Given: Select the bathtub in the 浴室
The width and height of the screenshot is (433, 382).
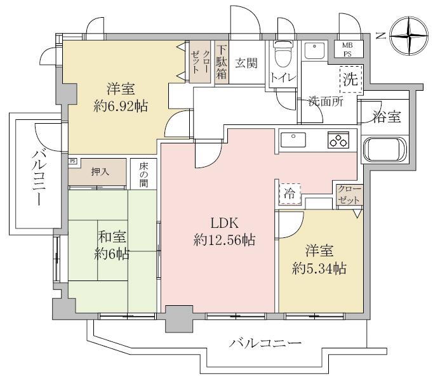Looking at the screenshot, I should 385,150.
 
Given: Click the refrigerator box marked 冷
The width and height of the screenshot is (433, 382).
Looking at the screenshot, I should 289,192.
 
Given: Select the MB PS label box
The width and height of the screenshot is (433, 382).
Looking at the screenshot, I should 349,49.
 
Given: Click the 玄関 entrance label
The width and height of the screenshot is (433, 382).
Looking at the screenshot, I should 246,63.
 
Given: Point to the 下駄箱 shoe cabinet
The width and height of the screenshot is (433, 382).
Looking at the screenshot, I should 220,62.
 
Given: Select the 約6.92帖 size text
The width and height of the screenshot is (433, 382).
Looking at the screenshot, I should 120,105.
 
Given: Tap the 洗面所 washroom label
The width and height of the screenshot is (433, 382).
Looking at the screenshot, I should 326,101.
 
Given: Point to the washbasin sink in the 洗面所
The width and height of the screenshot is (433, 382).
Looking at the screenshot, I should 314,50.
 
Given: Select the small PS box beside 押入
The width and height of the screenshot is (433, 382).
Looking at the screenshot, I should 73,161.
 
